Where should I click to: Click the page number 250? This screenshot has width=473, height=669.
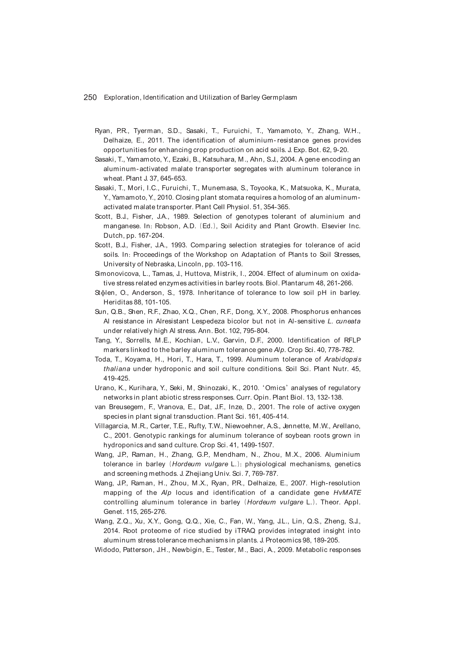tap(90, 97)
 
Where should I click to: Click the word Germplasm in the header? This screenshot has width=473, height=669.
tap(279, 98)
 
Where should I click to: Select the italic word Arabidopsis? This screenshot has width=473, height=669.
tap(343, 359)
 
